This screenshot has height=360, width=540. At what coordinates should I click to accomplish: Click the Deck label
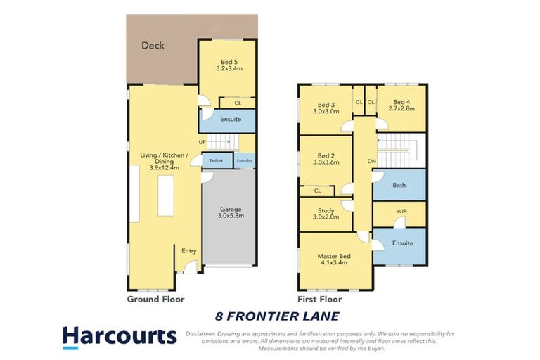point(153,46)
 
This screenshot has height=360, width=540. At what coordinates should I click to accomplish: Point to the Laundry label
point(245,161)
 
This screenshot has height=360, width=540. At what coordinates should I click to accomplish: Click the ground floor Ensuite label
point(231,119)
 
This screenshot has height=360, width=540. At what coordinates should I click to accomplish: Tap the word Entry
point(188,251)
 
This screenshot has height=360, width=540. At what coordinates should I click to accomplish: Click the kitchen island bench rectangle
point(166,195)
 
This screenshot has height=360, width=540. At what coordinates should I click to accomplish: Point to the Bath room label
point(399,186)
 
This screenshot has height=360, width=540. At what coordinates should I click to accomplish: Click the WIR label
point(401,211)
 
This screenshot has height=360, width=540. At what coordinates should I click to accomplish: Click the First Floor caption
point(317,299)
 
